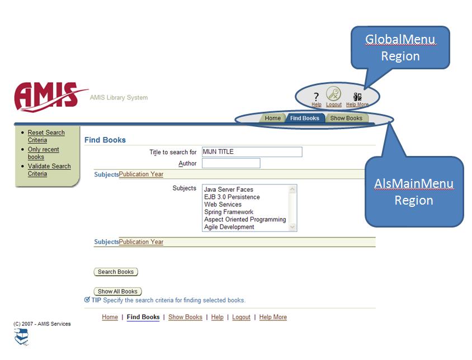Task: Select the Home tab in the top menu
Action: click(272, 119)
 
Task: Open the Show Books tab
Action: click(346, 119)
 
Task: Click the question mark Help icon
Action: click(316, 97)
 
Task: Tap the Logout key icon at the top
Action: click(334, 95)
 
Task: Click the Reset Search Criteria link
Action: click(46, 136)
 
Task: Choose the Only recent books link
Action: click(43, 153)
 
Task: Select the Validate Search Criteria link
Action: click(49, 170)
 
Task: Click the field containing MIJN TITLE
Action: click(252, 152)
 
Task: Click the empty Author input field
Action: click(231, 163)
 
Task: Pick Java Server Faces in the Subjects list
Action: click(228, 190)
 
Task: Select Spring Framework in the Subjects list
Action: click(228, 212)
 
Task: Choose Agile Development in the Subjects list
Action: click(229, 227)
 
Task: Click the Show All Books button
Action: click(117, 292)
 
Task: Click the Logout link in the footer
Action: click(241, 318)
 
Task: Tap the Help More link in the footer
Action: click(273, 318)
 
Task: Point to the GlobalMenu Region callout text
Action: click(400, 48)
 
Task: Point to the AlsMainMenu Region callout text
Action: click(414, 192)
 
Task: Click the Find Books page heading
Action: click(105, 140)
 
